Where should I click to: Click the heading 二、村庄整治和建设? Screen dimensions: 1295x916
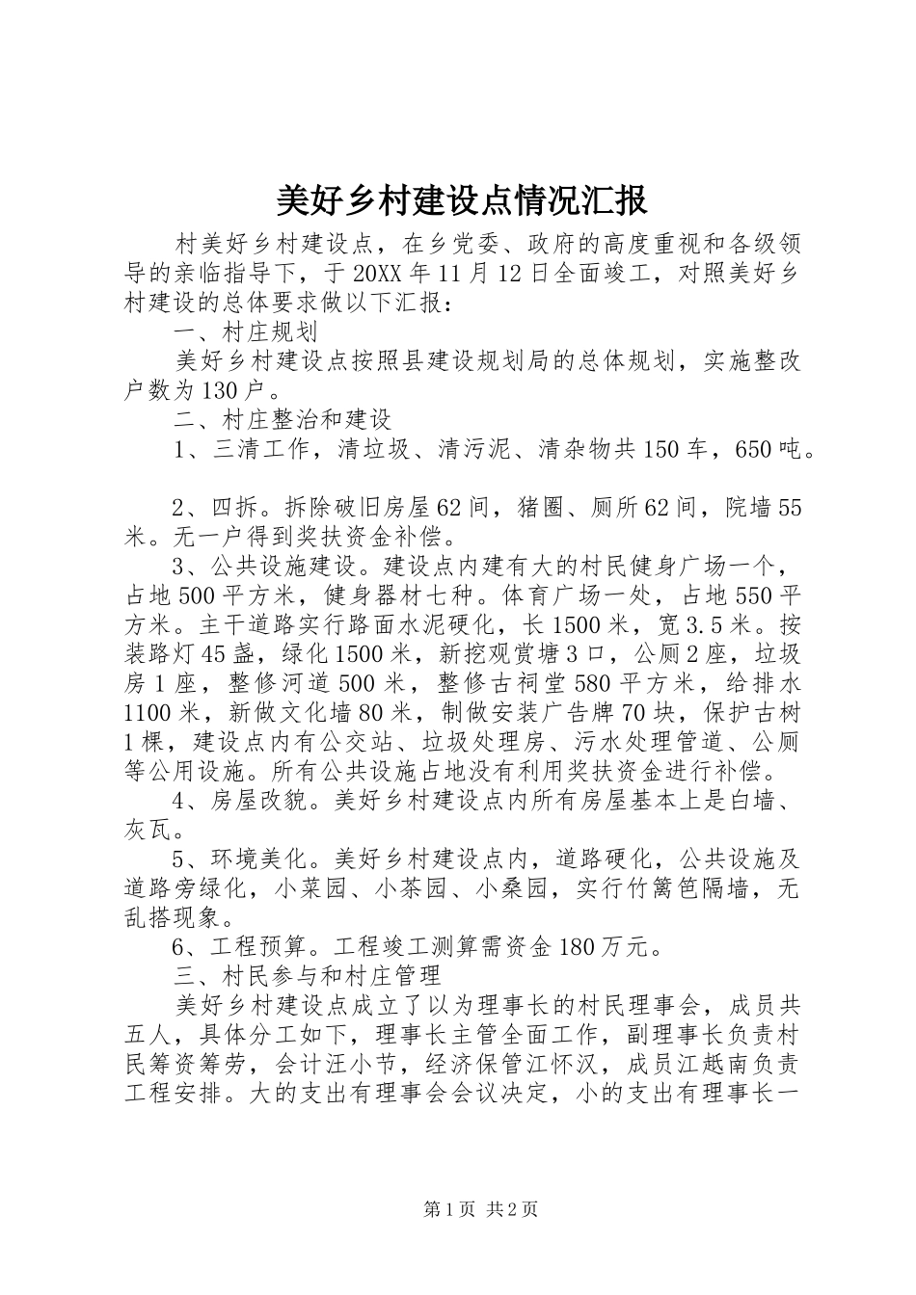282,420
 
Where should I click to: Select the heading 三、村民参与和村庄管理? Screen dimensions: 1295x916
306,977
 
